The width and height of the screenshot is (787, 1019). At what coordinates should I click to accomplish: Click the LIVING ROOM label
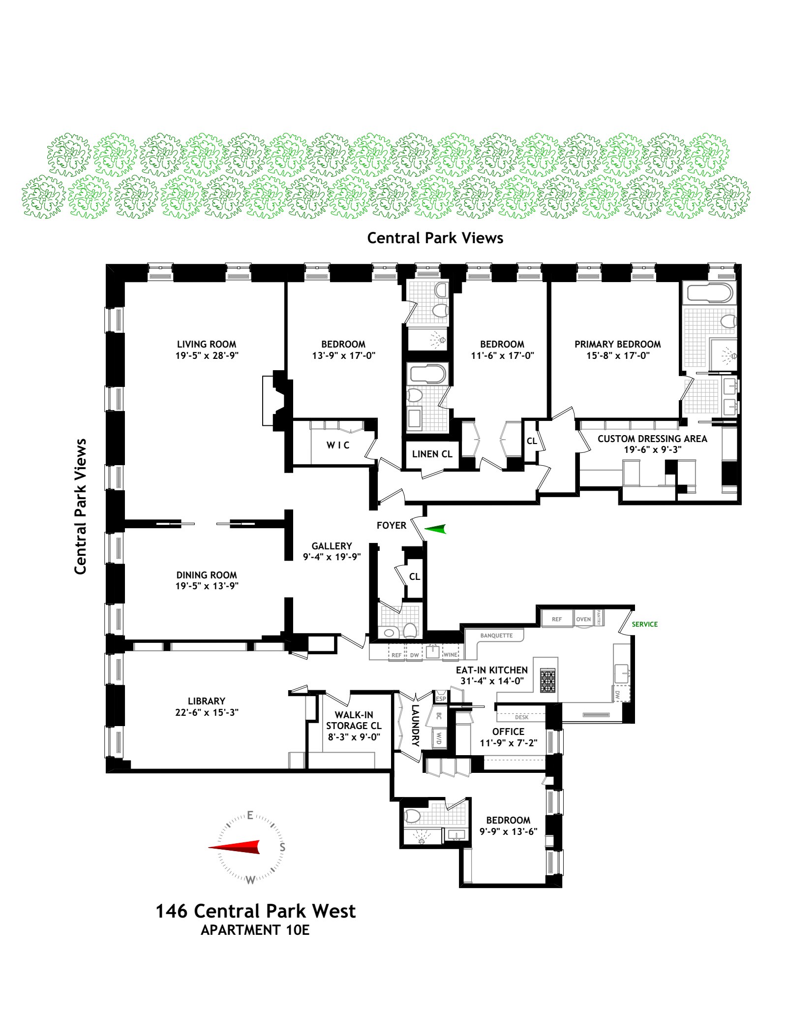(x=207, y=344)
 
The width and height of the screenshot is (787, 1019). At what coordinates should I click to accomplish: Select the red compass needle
(x=234, y=847)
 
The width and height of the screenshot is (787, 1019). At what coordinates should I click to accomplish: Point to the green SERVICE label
(x=644, y=624)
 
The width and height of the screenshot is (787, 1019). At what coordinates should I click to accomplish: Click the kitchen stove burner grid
(x=548, y=681)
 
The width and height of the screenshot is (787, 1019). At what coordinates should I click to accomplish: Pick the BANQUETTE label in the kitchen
(x=496, y=636)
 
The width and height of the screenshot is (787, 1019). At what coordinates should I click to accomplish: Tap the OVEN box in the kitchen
(x=583, y=619)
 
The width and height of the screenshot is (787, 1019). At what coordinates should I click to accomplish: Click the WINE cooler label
(x=450, y=655)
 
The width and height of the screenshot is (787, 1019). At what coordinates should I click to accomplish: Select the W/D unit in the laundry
(x=439, y=738)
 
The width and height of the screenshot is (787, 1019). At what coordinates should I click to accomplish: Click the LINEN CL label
(x=432, y=454)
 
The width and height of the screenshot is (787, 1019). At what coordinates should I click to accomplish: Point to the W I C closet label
(x=338, y=445)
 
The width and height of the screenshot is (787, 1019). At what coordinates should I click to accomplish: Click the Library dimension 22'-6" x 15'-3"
(x=207, y=712)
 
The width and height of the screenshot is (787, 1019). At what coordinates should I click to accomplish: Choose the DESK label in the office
(x=521, y=717)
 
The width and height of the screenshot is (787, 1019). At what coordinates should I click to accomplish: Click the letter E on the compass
(x=250, y=815)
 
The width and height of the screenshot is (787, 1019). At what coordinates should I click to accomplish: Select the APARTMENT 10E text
(x=255, y=930)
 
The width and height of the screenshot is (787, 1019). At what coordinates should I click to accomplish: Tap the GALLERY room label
(x=332, y=546)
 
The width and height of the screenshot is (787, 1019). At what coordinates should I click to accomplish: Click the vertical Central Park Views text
(x=80, y=506)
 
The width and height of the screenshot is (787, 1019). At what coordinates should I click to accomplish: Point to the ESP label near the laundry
(x=441, y=699)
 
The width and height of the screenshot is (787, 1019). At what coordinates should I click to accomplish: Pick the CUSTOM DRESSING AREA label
(x=652, y=439)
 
